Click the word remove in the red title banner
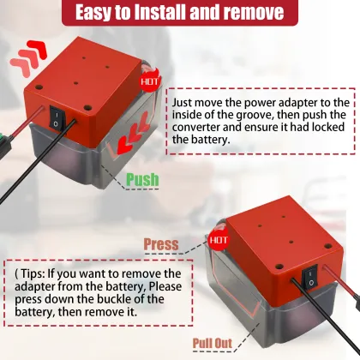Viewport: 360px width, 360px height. click(x=254, y=12)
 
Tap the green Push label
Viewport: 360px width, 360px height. click(x=142, y=180)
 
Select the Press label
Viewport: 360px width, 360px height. click(x=161, y=244)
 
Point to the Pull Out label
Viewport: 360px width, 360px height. click(x=213, y=343)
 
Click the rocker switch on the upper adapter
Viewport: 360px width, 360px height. click(x=57, y=117)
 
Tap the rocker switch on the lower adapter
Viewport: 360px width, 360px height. click(x=309, y=276)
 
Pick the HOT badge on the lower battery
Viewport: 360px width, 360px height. click(x=219, y=239)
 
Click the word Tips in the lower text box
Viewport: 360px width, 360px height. click(x=32, y=274)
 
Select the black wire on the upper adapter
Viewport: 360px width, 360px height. click(x=37, y=160)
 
